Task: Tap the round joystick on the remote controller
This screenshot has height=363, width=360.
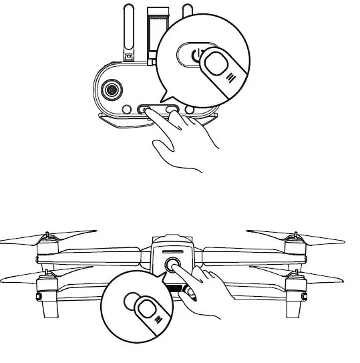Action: tap(110, 90)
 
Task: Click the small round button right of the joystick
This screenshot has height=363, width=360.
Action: tap(127, 108)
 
